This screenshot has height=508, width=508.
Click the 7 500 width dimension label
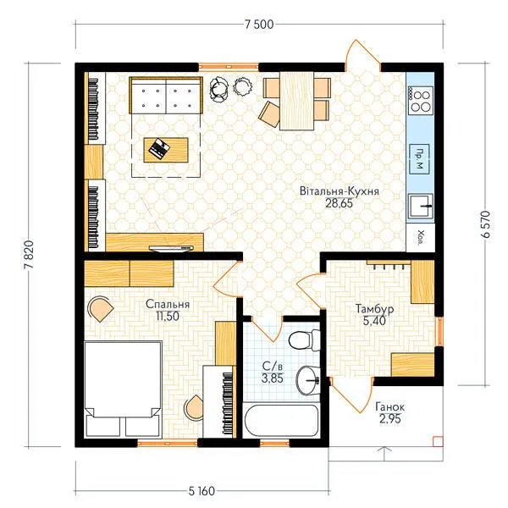pyautogui.click(x=259, y=25)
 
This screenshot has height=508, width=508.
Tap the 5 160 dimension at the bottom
pyautogui.click(x=202, y=491)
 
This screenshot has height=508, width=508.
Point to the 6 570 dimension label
pyautogui.click(x=486, y=224)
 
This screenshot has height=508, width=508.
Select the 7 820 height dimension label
pyautogui.click(x=29, y=255)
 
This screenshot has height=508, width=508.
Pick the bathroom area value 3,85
pyautogui.click(x=273, y=378)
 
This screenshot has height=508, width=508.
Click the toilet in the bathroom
pyautogui.click(x=304, y=340)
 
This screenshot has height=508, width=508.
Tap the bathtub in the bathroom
pyautogui.click(x=281, y=420)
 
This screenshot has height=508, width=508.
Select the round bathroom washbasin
pyautogui.click(x=308, y=380)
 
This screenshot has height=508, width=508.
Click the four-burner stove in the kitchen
pyautogui.click(x=421, y=101)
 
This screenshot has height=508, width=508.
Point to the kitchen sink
pyautogui.click(x=421, y=206)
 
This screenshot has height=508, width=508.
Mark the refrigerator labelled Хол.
pyautogui.click(x=421, y=237)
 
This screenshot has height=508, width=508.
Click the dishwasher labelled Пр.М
pyautogui.click(x=420, y=159)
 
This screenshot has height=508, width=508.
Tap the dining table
pyautogui.click(x=297, y=101)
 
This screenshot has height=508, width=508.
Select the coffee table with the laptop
pyautogui.click(x=166, y=150)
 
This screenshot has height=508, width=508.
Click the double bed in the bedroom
pyautogui.click(x=123, y=389)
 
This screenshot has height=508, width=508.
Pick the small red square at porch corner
pyautogui.click(x=438, y=442)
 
